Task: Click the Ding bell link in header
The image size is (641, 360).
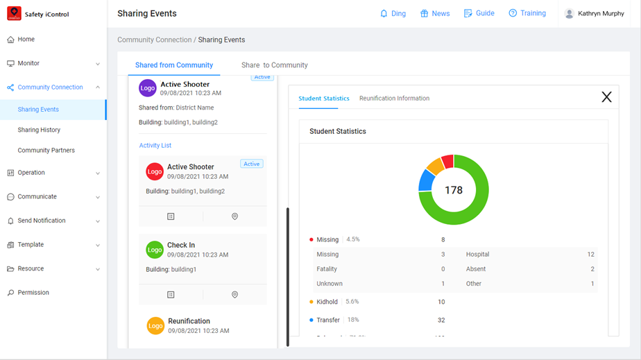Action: [x=393, y=13]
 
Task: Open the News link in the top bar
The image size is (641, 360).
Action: [x=435, y=13]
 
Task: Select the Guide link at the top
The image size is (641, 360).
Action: [x=479, y=13]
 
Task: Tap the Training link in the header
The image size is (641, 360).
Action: [x=527, y=13]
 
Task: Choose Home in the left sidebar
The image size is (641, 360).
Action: [x=26, y=40]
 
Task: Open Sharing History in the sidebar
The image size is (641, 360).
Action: [x=39, y=130]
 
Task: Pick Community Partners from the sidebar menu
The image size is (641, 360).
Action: [x=46, y=150]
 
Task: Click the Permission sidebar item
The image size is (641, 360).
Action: [x=33, y=293]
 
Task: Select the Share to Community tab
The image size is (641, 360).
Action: [x=274, y=65]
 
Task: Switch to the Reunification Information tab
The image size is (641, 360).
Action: [x=394, y=98]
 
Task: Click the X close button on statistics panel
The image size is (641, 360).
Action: [x=606, y=97]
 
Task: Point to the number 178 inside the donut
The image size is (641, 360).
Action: [x=454, y=190]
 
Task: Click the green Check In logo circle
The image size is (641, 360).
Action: [x=155, y=250]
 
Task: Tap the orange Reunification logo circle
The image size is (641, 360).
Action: [x=155, y=326]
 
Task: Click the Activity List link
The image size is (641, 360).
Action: [x=155, y=146]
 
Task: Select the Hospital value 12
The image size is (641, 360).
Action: [x=590, y=255]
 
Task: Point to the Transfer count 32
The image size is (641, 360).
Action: [x=441, y=320]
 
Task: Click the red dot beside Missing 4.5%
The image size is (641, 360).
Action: [x=311, y=239]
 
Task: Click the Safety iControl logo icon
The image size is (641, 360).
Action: [x=14, y=14]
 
